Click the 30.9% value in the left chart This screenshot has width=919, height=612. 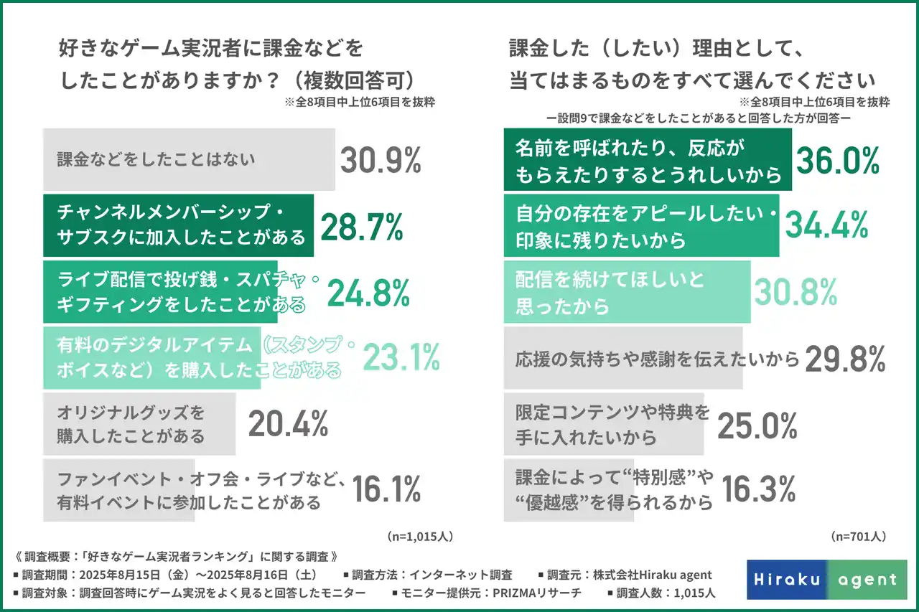click(x=380, y=161)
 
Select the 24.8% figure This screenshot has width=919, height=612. click(x=368, y=292)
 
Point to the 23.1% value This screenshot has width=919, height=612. click(x=401, y=357)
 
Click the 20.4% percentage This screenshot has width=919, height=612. click(x=288, y=424)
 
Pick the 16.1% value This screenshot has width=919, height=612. click(x=386, y=489)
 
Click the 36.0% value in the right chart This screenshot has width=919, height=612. click(x=837, y=160)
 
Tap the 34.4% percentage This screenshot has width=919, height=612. click(x=826, y=225)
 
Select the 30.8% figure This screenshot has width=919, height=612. click(x=795, y=291)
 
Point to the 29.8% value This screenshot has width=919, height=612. click(x=844, y=358)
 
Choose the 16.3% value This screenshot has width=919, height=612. click(x=757, y=489)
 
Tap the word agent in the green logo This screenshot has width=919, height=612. click(x=867, y=580)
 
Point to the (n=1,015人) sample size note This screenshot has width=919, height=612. click(x=420, y=536)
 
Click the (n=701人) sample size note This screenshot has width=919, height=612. click(x=858, y=536)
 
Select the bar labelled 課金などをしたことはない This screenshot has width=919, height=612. click(x=189, y=159)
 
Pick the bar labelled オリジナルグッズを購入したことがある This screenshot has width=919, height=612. click(x=139, y=424)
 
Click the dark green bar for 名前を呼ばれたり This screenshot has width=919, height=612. click(x=647, y=160)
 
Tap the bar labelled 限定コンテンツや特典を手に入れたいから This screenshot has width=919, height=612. click(x=604, y=424)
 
